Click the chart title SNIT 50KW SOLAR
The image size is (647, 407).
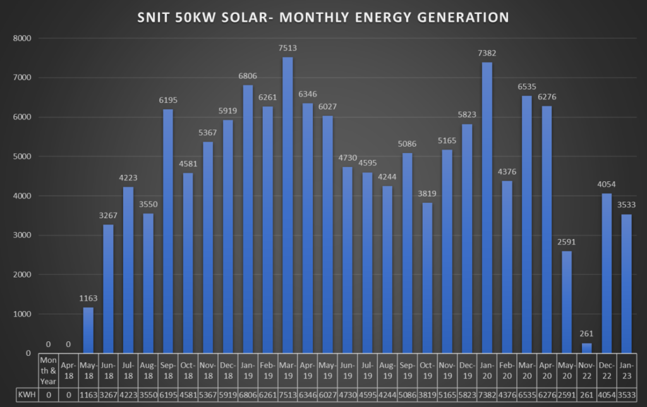point(323,18)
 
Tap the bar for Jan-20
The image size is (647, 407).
point(487,208)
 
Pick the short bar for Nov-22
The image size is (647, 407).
point(587,348)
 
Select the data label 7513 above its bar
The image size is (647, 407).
point(287,48)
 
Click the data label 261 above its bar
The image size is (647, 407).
point(587,334)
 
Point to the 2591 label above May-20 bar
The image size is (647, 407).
point(567,242)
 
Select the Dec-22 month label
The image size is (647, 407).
point(607,370)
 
